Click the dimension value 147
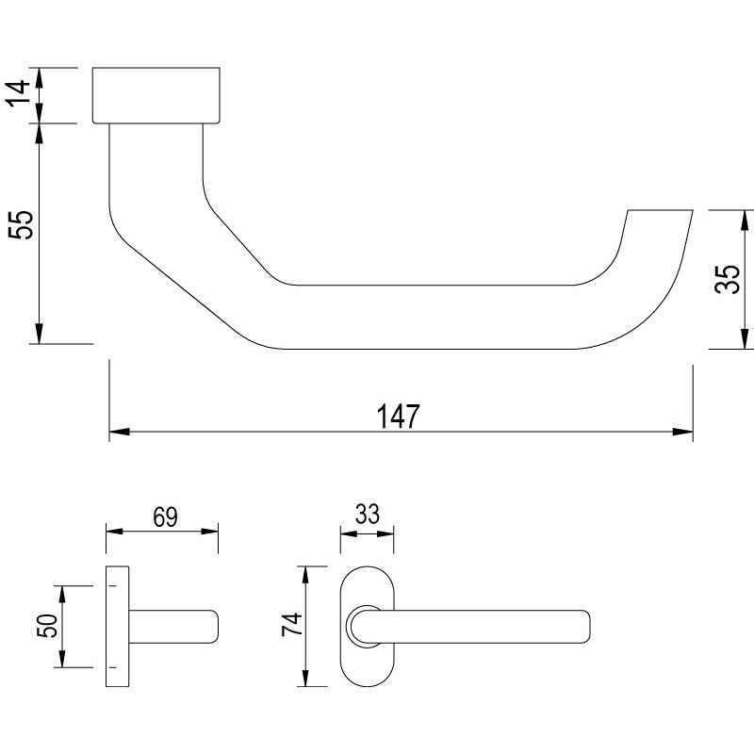tap(398, 416)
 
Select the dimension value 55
tap(21, 224)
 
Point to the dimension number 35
tap(727, 279)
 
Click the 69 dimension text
tap(165, 516)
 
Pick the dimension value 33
tap(368, 514)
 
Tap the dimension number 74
tap(292, 624)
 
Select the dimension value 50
tap(47, 626)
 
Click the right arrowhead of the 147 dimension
tap(682, 432)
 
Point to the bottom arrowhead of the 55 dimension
tap(40, 334)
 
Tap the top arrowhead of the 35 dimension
tap(745, 221)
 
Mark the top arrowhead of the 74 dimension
tap(304, 576)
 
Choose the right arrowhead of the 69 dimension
tap(209, 532)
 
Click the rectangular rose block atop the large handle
tap(156, 95)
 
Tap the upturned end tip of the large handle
tap(661, 210)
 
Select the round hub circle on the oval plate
tap(367, 627)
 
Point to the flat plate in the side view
tap(117, 626)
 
